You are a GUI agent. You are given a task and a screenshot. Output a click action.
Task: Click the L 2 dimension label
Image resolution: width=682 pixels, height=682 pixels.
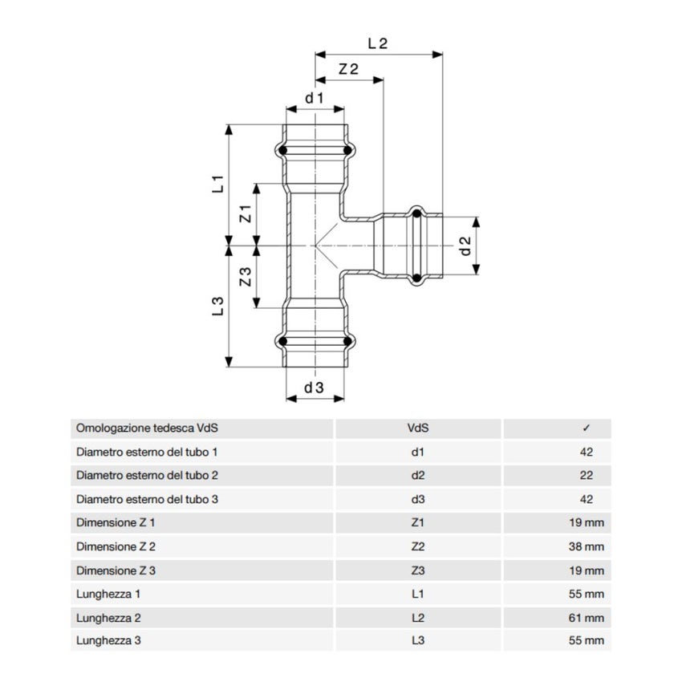[x=377, y=44]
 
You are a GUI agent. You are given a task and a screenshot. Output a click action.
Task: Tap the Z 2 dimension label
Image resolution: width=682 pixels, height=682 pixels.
[x=348, y=70]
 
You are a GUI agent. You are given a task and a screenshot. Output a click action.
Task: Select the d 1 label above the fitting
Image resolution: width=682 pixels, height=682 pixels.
[x=314, y=98]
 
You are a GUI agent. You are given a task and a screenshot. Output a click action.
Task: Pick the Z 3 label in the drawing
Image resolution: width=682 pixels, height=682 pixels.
[x=246, y=278]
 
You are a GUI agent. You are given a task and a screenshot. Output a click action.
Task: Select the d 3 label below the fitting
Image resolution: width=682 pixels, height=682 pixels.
[x=314, y=388]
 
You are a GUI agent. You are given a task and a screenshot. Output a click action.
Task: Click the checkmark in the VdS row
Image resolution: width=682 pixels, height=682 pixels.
[x=587, y=428]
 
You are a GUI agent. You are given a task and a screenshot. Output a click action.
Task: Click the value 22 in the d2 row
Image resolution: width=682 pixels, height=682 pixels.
[x=587, y=475]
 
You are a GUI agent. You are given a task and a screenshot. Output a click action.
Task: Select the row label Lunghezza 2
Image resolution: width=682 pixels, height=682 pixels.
[x=111, y=618]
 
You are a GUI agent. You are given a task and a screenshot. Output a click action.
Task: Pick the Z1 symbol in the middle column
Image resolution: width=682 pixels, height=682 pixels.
[x=417, y=523]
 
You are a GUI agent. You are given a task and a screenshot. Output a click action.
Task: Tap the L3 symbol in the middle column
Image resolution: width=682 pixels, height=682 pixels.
[x=417, y=641]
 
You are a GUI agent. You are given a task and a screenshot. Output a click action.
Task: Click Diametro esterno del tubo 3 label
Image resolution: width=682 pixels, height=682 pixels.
[x=147, y=499]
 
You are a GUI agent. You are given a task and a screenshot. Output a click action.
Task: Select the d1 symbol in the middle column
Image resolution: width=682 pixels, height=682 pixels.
[x=417, y=452]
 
